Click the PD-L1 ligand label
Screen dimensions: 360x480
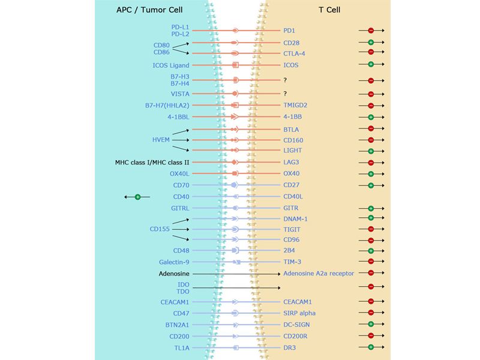(x=181, y=27)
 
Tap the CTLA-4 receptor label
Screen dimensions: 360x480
(x=295, y=53)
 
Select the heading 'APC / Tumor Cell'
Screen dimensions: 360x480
(x=151, y=10)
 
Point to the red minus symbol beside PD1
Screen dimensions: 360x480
(x=371, y=30)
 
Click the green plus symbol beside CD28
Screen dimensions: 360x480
(x=371, y=43)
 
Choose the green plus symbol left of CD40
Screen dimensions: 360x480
(x=137, y=197)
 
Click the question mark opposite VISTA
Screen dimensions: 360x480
(x=286, y=94)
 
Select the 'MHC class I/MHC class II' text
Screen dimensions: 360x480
(x=152, y=163)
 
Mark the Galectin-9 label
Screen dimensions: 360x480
(x=175, y=262)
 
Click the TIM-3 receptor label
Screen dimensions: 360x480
(x=292, y=262)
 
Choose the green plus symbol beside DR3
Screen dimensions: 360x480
(x=371, y=347)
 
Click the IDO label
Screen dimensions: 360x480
(x=184, y=284)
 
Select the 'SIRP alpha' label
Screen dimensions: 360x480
(x=299, y=313)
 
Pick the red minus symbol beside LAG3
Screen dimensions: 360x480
(x=371, y=163)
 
